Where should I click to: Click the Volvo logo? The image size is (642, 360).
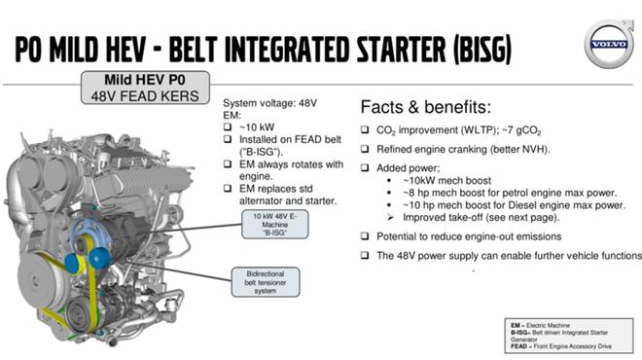pyautogui.click(x=609, y=44)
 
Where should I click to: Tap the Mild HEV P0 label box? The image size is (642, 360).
pyautogui.click(x=145, y=88)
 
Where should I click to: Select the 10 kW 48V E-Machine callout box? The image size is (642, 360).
pyautogui.click(x=274, y=225)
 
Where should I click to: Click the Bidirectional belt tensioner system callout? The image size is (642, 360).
pyautogui.click(x=266, y=282)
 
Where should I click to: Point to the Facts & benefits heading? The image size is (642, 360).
pyautogui.click(x=425, y=107)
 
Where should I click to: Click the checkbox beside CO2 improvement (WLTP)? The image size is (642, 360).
pyautogui.click(x=365, y=129)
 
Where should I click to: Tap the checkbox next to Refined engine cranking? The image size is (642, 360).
pyautogui.click(x=365, y=149)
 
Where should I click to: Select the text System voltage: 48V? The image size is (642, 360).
pyautogui.click(x=269, y=103)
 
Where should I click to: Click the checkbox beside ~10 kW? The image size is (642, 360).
pyautogui.click(x=228, y=126)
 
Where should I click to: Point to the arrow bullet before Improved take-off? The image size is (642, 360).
pyautogui.click(x=391, y=218)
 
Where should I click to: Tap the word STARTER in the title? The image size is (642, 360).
pyautogui.click(x=401, y=50)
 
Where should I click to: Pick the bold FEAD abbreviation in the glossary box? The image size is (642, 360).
pyautogui.click(x=518, y=346)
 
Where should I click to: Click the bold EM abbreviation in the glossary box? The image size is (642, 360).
pyautogui.click(x=516, y=326)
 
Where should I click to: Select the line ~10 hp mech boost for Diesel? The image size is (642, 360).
pyautogui.click(x=514, y=205)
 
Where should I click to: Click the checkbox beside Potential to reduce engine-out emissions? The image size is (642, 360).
pyautogui.click(x=365, y=236)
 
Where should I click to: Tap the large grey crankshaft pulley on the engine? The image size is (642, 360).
pyautogui.click(x=40, y=279)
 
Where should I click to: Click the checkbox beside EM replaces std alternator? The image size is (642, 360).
pyautogui.click(x=228, y=189)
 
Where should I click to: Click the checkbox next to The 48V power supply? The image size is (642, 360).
pyautogui.click(x=365, y=256)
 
